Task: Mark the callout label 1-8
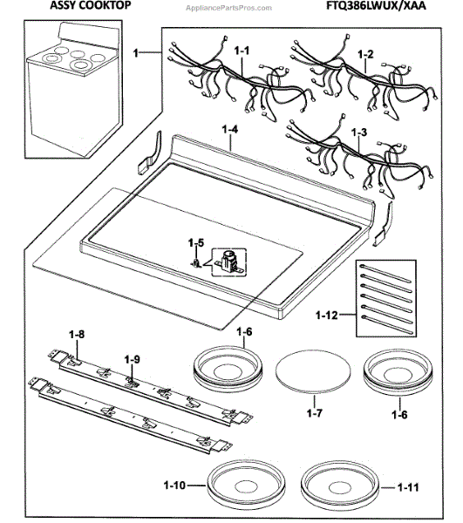76,334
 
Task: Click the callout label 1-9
132,358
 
